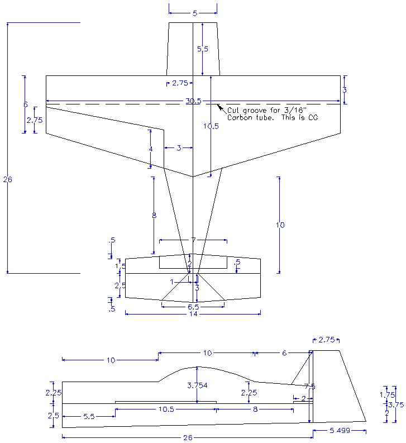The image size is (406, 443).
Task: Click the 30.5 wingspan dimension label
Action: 193,101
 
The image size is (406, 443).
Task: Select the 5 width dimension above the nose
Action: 193,12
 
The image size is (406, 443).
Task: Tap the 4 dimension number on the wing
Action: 150,149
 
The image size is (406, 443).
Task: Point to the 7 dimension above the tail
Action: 193,240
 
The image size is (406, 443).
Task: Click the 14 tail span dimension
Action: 193,315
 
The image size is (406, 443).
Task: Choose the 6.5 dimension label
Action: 193,307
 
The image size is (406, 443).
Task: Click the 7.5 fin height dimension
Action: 310,387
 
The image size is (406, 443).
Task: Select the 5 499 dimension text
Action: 340,431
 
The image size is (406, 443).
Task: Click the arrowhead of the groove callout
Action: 219,106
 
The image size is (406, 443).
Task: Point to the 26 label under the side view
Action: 188,438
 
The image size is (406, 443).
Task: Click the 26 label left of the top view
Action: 7,179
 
